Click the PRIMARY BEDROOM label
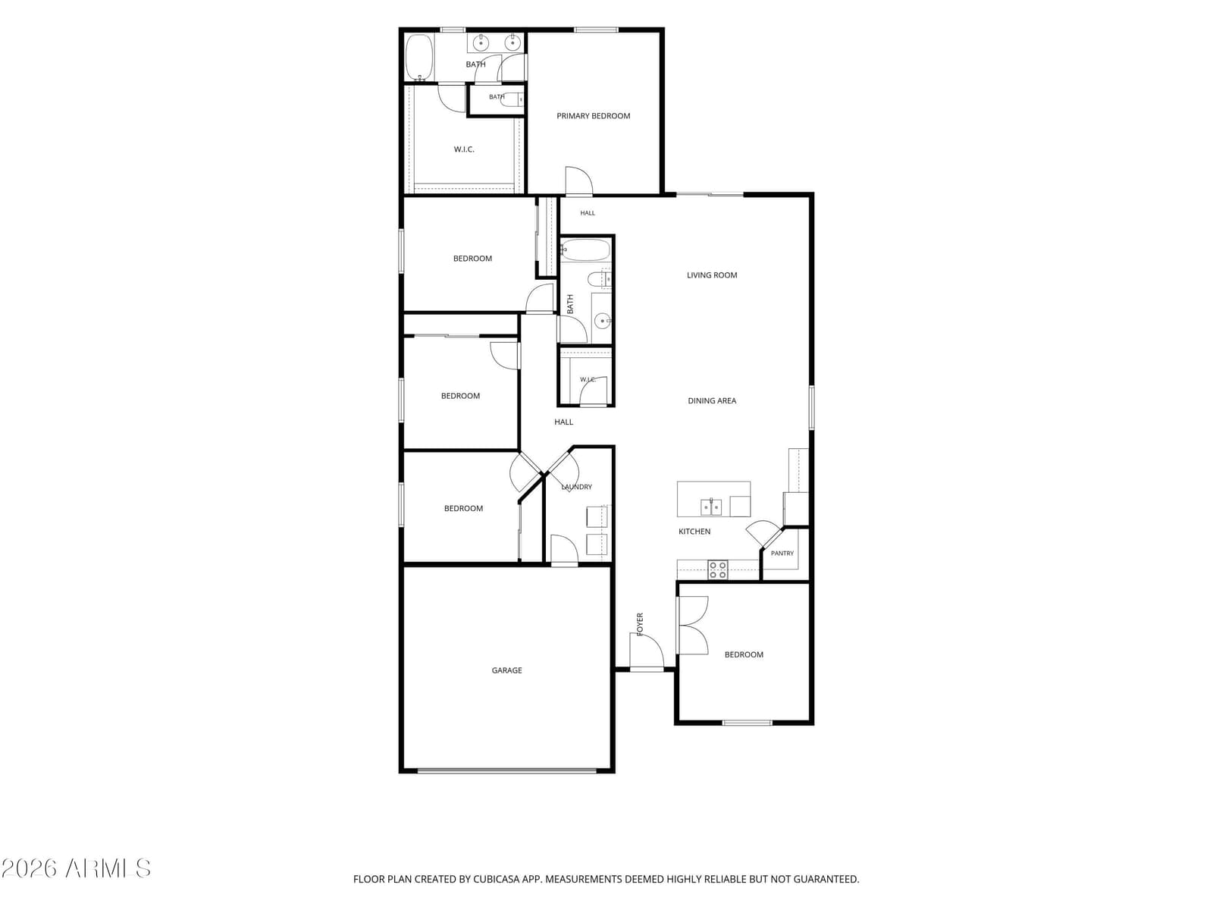(593, 116)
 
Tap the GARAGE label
(506, 670)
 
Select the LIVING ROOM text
(712, 275)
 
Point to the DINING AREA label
(712, 400)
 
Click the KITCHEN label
(694, 532)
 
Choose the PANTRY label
(782, 553)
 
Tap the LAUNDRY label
(576, 487)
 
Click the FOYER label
(640, 624)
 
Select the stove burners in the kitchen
(718, 570)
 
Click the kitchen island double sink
(711, 507)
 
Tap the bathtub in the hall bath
(585, 249)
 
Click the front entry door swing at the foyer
(647, 651)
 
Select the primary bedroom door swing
(579, 180)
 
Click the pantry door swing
(763, 533)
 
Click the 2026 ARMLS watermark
(76, 868)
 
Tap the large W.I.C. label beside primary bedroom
(464, 149)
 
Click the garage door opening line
(507, 770)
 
